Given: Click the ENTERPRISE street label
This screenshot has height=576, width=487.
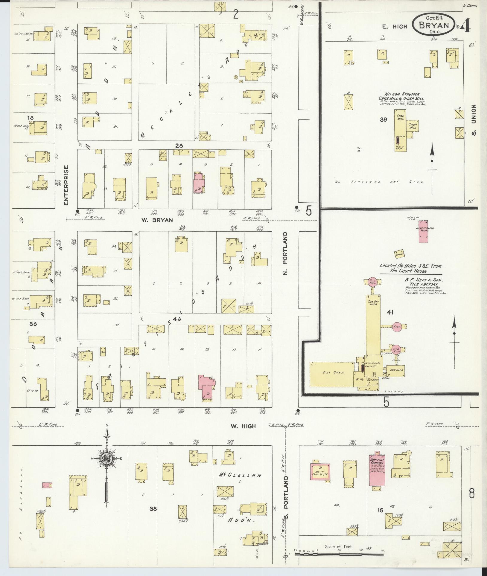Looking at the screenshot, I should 66,185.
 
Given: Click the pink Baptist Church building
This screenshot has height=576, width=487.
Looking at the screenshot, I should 376,471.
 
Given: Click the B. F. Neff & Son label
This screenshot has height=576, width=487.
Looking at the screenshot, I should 423,280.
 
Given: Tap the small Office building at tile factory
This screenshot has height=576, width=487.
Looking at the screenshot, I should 399,254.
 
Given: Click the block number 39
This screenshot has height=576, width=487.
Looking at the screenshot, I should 383,120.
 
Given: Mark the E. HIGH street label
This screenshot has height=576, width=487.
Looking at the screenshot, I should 395,27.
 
